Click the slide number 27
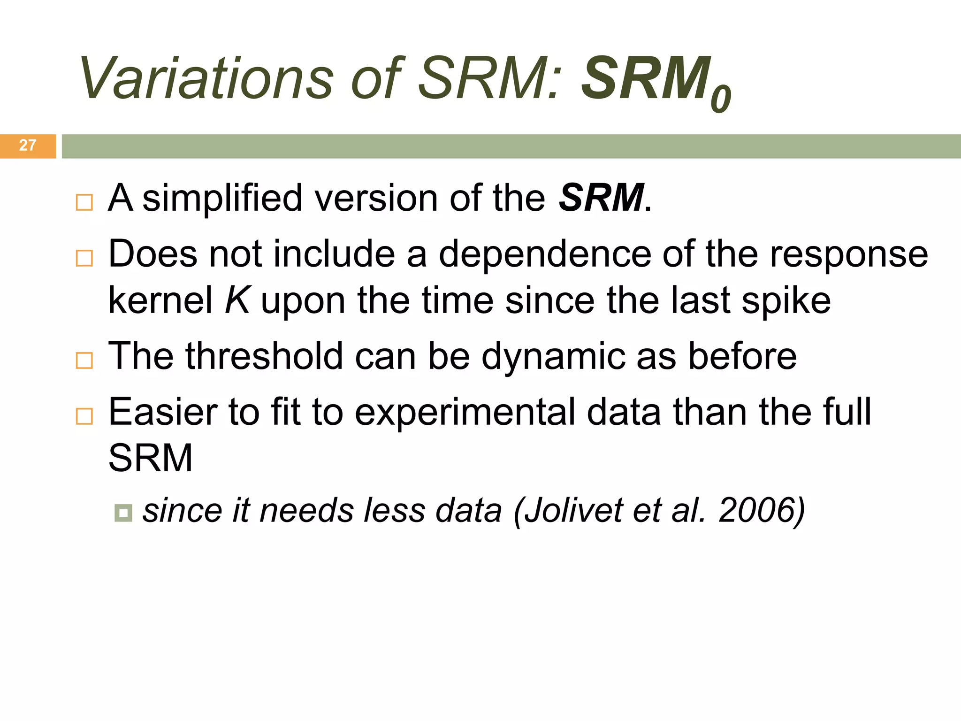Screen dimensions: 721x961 click(x=28, y=146)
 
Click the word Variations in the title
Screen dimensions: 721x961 click(x=206, y=79)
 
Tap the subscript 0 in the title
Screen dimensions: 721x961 click(x=720, y=99)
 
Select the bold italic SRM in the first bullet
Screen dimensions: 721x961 click(x=601, y=198)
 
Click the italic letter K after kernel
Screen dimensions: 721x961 click(x=237, y=300)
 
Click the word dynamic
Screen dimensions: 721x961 click(x=554, y=356)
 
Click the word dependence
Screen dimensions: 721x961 click(x=544, y=254)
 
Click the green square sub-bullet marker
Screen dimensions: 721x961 click(x=123, y=513)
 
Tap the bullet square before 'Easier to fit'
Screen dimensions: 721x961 click(x=84, y=416)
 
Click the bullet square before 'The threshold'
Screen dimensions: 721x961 click(x=84, y=360)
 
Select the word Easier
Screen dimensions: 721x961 click(x=162, y=412)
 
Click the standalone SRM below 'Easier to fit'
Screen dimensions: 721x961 click(x=150, y=458)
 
